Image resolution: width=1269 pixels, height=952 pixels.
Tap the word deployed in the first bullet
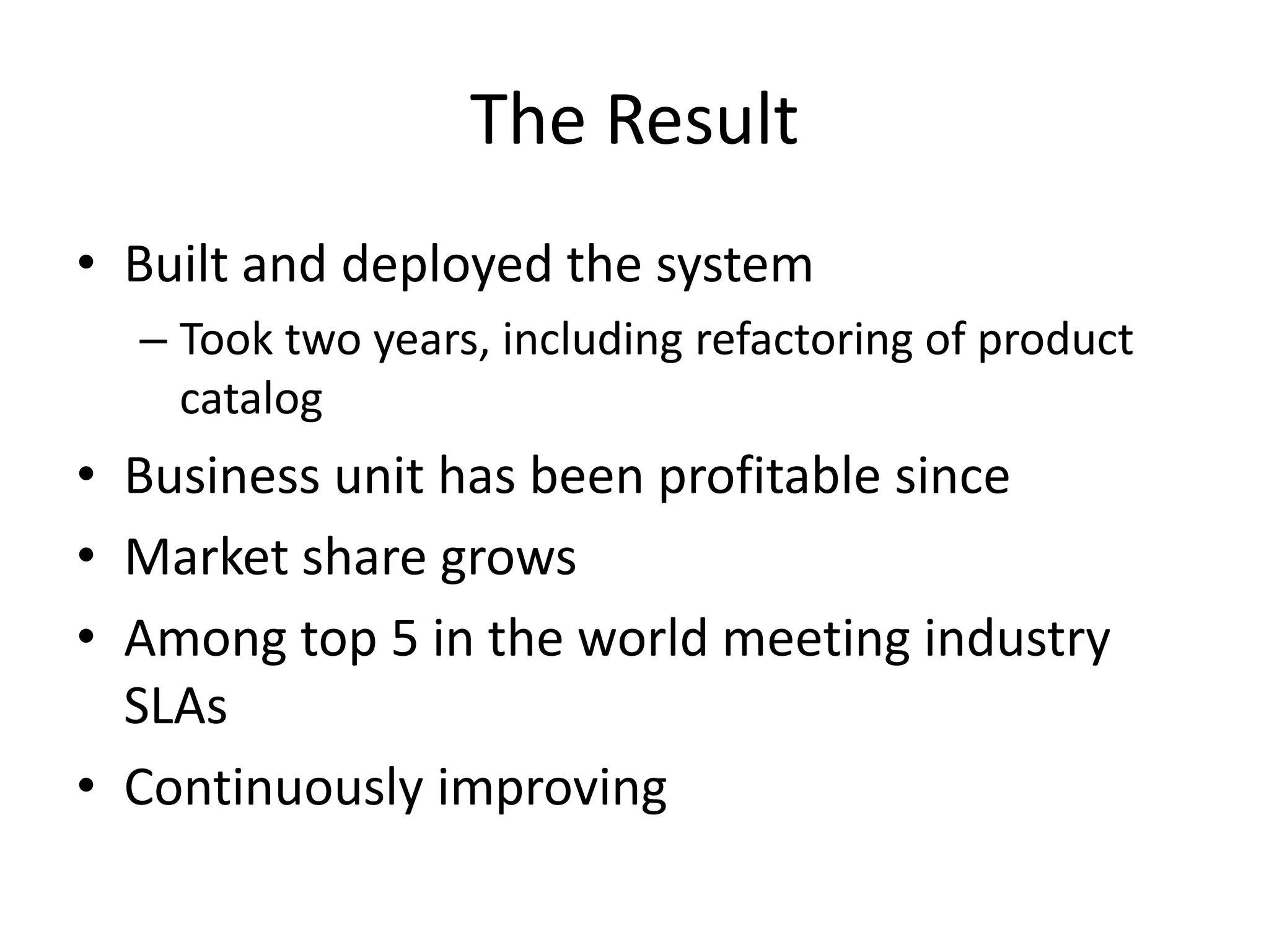coord(446,265)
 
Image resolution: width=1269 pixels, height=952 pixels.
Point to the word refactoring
coord(804,340)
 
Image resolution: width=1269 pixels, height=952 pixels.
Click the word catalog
coord(251,399)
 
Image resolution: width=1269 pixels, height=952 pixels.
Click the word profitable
coord(769,477)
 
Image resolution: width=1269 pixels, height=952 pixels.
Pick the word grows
coord(508,558)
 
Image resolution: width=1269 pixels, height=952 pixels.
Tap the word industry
coord(1017,640)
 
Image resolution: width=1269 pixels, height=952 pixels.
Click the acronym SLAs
coord(176,707)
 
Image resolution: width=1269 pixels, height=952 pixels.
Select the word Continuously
coord(273,788)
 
